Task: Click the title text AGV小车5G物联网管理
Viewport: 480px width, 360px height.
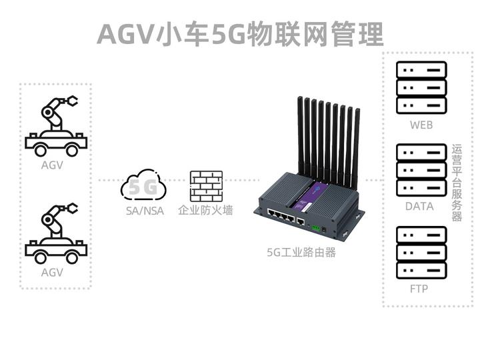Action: pos(240,33)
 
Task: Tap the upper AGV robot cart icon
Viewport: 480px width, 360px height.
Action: pos(55,126)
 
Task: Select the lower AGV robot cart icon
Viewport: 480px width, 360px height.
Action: pos(55,232)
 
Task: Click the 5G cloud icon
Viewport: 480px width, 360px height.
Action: pos(143,187)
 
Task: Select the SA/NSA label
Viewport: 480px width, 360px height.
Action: pos(145,211)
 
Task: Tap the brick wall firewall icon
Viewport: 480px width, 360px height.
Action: pos(206,186)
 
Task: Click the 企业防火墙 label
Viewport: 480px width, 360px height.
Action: pos(206,211)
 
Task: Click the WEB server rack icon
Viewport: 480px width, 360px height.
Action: pos(421,88)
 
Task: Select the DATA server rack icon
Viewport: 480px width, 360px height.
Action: pos(421,171)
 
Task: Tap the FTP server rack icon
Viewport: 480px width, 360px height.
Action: pos(421,253)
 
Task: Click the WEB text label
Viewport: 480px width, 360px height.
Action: pos(421,125)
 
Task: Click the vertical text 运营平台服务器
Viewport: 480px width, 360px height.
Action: pos(457,183)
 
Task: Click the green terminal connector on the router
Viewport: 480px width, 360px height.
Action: pos(315,227)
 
